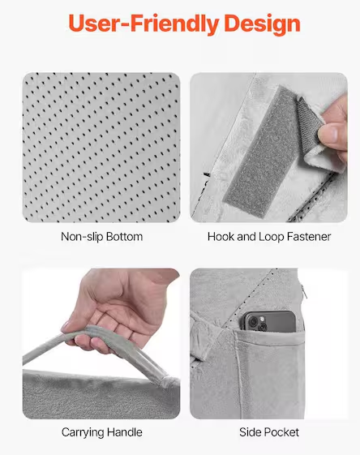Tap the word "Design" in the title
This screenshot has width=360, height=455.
(260, 24)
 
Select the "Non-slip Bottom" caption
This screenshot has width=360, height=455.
(101, 238)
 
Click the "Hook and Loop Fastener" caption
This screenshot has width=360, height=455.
(269, 238)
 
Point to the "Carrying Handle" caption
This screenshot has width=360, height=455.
(101, 433)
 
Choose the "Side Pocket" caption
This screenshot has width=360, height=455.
(269, 433)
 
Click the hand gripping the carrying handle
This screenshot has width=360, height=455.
(114, 304)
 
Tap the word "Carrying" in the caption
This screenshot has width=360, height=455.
(83, 433)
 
